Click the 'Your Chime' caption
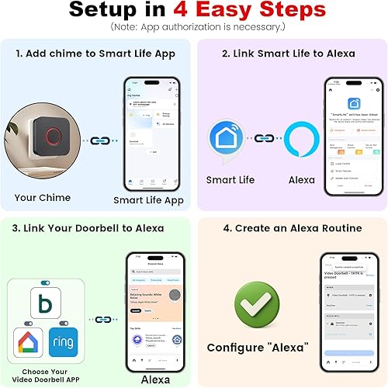[43, 197]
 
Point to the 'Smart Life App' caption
[149, 199]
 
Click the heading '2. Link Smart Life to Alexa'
[289, 54]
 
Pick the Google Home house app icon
[27, 341]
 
